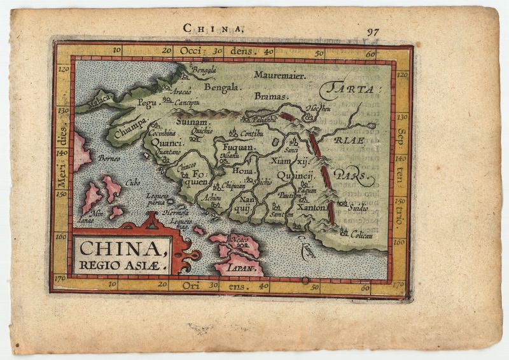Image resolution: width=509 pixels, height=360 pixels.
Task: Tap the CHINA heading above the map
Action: coord(213,27)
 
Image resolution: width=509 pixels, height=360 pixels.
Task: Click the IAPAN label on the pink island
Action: coord(247,269)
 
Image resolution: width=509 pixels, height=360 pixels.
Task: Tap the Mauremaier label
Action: coord(280,75)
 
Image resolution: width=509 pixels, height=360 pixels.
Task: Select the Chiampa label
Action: coord(132,128)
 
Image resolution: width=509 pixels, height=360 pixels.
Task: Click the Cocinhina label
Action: coord(162,134)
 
